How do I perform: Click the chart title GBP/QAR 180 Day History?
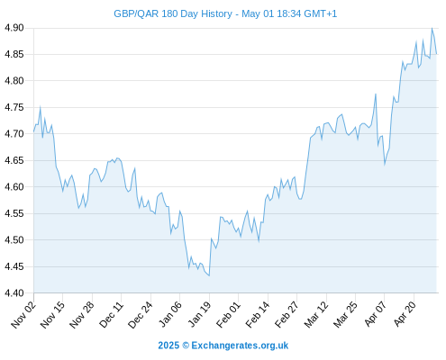pyautogui.click(x=173, y=13)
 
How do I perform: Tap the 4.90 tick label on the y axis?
pyautogui.click(x=14, y=28)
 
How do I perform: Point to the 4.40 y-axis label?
pyautogui.click(x=14, y=292)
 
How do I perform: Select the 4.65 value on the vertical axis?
pyautogui.click(x=14, y=160)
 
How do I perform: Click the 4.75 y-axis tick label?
pyautogui.click(x=14, y=107)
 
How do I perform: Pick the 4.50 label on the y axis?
pyautogui.click(x=14, y=240)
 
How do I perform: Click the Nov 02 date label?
pyautogui.click(x=23, y=314)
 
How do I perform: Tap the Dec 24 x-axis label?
pyautogui.click(x=141, y=314)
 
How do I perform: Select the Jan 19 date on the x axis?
pyautogui.click(x=199, y=314)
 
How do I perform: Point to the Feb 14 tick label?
pyautogui.click(x=258, y=314)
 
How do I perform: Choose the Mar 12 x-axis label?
pyautogui.click(x=316, y=314)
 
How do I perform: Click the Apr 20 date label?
pyautogui.click(x=405, y=314)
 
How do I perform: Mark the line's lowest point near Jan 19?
pyautogui.click(x=209, y=275)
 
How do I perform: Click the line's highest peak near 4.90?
pyautogui.click(x=432, y=28)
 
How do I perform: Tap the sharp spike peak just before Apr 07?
pyautogui.click(x=376, y=94)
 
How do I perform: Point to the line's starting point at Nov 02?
pyautogui.click(x=33, y=131)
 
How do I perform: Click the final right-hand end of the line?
pyautogui.click(x=436, y=54)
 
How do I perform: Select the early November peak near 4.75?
pyautogui.click(x=41, y=106)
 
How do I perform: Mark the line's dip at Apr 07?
pyautogui.click(x=385, y=165)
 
